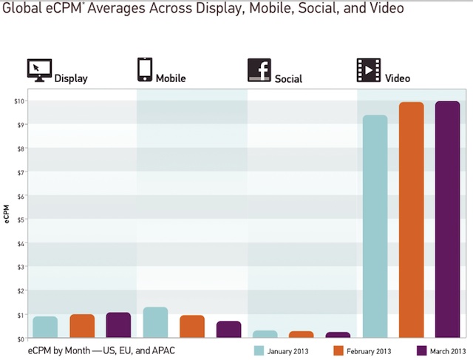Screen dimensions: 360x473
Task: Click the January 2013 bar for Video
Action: coord(375,226)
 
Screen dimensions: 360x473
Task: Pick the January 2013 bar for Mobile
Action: coord(155,322)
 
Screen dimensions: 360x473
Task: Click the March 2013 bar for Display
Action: coord(118,325)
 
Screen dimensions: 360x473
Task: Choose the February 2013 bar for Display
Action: coord(82,326)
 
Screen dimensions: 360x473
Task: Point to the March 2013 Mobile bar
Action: coord(228,330)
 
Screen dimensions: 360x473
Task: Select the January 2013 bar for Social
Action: coord(265,334)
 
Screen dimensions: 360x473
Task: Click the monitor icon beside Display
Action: coord(39,70)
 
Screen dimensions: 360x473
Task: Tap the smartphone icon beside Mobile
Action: coord(144,69)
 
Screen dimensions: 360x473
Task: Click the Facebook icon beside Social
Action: coord(259,69)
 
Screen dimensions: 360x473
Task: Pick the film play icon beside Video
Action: coord(368,69)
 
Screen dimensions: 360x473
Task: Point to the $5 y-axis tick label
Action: coord(21,220)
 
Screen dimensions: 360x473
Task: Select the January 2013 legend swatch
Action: coord(259,350)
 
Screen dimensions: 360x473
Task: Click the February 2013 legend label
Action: coord(371,350)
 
